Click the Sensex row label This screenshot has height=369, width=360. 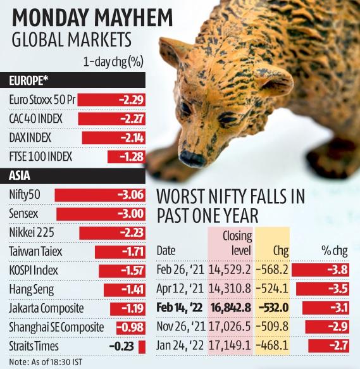(25, 213)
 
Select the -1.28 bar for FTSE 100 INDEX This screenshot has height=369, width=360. (127, 156)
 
